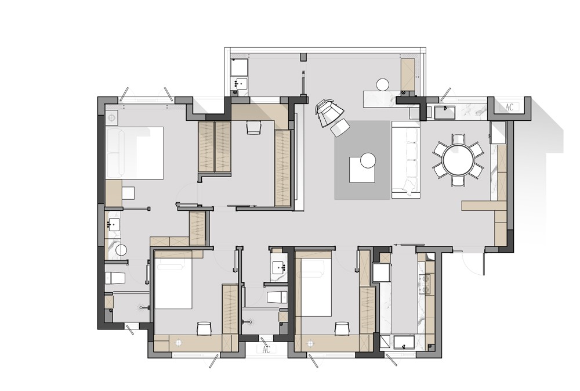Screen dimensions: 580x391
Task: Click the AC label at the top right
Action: tap(509, 107)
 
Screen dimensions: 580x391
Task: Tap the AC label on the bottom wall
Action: tap(266, 350)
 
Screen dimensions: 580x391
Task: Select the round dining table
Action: tap(459, 160)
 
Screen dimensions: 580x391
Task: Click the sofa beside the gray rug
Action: tap(406, 160)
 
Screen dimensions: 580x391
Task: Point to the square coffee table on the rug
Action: tap(362, 170)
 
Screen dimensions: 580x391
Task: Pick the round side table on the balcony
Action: tap(383, 84)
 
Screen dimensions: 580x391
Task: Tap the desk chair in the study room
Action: tap(254, 127)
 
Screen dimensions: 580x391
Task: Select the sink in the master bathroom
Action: tap(113, 225)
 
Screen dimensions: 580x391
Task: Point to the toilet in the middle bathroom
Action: tap(277, 297)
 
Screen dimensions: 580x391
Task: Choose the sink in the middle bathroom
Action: tap(278, 267)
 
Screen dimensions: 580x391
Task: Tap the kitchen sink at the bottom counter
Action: tap(405, 342)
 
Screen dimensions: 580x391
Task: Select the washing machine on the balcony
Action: tap(239, 67)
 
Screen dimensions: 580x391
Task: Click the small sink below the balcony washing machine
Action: tap(240, 84)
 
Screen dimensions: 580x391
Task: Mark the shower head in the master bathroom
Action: tap(143, 307)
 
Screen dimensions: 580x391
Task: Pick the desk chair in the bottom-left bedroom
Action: tap(204, 328)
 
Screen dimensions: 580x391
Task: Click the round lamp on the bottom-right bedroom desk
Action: tap(309, 343)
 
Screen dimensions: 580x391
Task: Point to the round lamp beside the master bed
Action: tap(111, 118)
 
